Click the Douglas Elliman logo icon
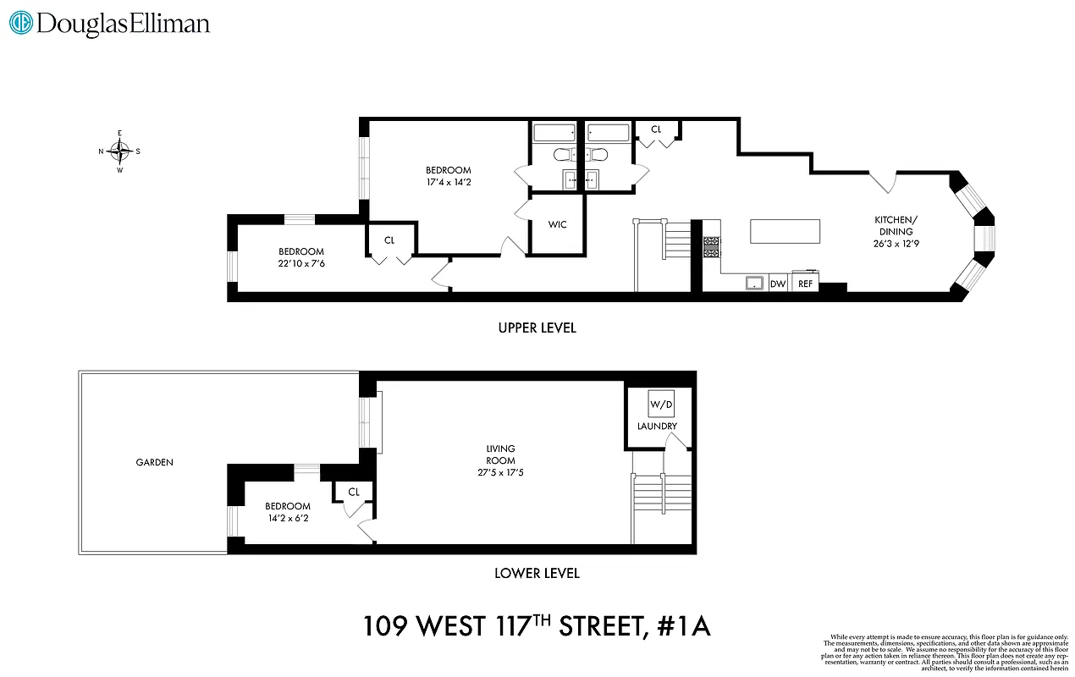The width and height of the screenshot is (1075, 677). pyautogui.click(x=21, y=23)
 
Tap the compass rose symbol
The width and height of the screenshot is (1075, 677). pyautogui.click(x=120, y=152)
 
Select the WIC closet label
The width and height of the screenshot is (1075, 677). pyautogui.click(x=557, y=224)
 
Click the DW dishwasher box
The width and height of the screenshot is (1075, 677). pyautogui.click(x=778, y=283)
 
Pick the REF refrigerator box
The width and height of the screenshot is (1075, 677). pyautogui.click(x=805, y=283)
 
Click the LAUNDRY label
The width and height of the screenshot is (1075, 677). pyautogui.click(x=657, y=427)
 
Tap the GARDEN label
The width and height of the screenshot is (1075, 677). pyautogui.click(x=155, y=462)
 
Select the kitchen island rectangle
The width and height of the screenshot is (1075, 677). pyautogui.click(x=785, y=231)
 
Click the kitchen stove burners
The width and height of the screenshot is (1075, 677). pyautogui.click(x=711, y=245)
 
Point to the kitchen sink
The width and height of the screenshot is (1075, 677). pyautogui.click(x=753, y=283)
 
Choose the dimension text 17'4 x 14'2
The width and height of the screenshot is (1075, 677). pyautogui.click(x=449, y=182)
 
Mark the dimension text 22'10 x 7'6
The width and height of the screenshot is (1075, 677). pyautogui.click(x=301, y=263)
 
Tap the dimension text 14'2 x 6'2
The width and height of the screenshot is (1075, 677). pyautogui.click(x=288, y=518)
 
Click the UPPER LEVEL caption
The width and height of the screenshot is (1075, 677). pyautogui.click(x=537, y=327)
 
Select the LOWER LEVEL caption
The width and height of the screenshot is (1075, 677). pyautogui.click(x=537, y=573)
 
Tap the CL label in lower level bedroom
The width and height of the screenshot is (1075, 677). pyautogui.click(x=354, y=492)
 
